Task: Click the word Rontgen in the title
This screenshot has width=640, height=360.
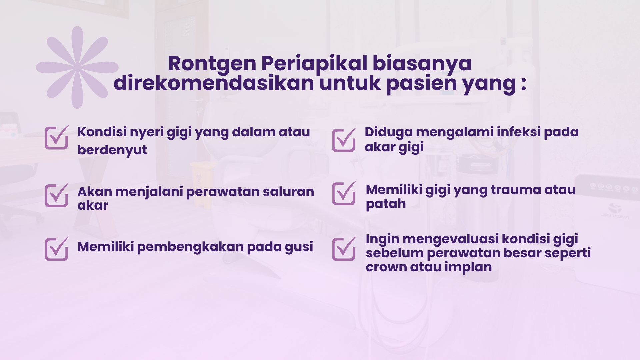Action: (212, 64)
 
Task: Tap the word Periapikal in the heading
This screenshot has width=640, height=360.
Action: (314, 64)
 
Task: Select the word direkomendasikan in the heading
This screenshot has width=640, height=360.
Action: (214, 83)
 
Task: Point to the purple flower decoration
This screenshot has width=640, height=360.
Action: (77, 67)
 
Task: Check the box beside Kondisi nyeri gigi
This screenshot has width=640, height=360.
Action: (57, 137)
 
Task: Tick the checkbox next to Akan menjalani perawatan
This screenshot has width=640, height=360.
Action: (57, 195)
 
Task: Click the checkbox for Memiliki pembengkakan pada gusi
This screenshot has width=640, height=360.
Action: (57, 249)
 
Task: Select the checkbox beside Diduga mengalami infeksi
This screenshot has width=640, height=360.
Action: (344, 140)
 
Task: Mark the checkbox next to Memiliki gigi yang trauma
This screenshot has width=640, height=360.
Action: (344, 193)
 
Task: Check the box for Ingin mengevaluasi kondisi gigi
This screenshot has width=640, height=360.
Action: (344, 249)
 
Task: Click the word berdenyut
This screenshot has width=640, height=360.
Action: (112, 150)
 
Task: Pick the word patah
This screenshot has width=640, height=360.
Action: (386, 204)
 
